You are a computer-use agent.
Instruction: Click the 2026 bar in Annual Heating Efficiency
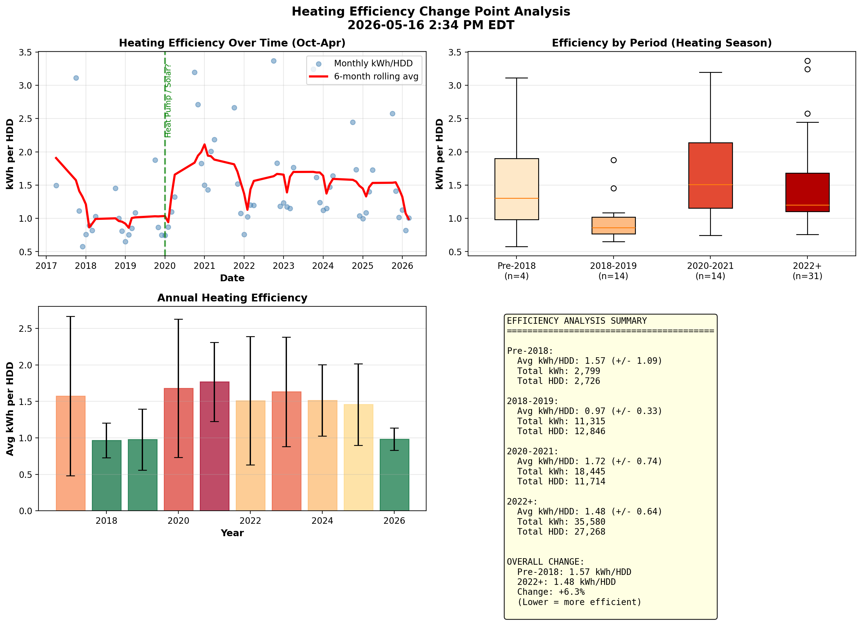[395, 475]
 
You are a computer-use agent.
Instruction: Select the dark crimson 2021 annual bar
[215, 446]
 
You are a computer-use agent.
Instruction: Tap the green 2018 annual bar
[106, 476]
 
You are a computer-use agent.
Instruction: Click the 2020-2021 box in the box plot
[710, 176]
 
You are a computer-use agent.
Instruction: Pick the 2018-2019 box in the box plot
[614, 226]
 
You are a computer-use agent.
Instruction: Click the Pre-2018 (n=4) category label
[516, 271]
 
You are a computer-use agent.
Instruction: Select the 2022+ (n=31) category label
[807, 271]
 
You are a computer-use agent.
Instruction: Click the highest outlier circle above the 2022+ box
[807, 61]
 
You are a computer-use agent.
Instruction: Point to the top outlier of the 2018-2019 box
[614, 160]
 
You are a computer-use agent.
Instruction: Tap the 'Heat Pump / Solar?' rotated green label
[168, 101]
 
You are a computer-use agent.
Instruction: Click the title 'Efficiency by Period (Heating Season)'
[662, 43]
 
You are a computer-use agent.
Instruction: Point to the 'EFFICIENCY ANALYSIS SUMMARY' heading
[577, 321]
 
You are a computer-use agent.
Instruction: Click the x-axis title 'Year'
[232, 533]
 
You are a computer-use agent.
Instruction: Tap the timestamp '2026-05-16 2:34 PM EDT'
[431, 25]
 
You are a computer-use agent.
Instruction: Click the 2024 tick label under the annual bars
[322, 521]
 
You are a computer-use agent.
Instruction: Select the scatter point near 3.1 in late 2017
[76, 78]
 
